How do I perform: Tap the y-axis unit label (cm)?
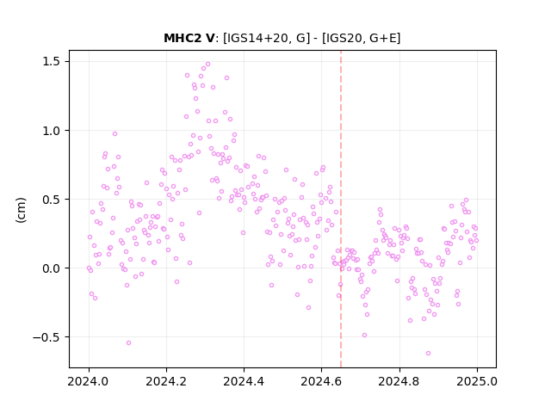[21, 210]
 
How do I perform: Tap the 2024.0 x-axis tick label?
[89, 381]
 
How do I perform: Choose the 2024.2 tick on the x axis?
[166, 381]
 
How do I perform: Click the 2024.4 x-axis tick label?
[244, 381]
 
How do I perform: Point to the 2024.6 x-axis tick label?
[321, 381]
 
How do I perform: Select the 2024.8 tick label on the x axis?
[399, 381]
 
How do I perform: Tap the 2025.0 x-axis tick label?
[477, 381]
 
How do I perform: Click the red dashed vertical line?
[341, 209]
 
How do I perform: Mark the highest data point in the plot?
[207, 65]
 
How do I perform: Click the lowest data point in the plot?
[428, 354]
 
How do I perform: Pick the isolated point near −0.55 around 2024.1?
[128, 342]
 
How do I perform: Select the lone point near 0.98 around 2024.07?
[115, 134]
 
